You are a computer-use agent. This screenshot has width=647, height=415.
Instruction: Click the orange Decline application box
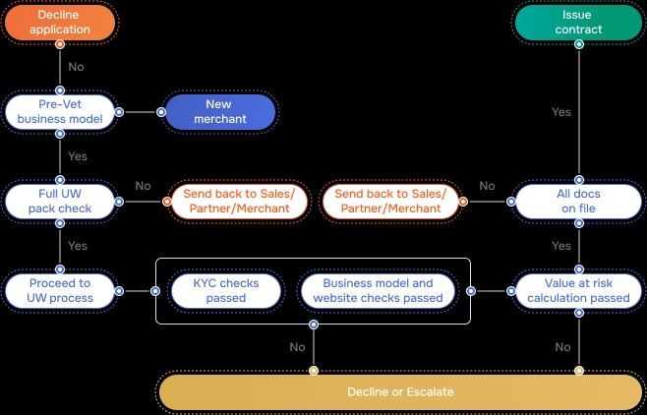pyautogui.click(x=60, y=23)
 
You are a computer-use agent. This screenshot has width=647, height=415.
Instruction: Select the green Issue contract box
pyautogui.click(x=577, y=23)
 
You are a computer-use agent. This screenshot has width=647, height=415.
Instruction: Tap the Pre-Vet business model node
pyautogui.click(x=60, y=112)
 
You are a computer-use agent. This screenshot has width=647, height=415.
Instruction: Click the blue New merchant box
pyautogui.click(x=218, y=112)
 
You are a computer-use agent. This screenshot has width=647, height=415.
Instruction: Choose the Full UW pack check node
pyautogui.click(x=60, y=201)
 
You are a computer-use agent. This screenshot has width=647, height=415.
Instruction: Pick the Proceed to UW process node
pyautogui.click(x=60, y=290)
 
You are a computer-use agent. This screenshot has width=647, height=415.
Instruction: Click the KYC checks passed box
pyautogui.click(x=226, y=290)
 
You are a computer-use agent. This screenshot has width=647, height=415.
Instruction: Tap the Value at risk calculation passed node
pyautogui.click(x=577, y=290)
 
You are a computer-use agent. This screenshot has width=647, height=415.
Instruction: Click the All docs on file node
pyautogui.click(x=577, y=201)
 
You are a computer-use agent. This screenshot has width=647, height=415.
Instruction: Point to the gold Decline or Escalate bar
pyautogui.click(x=400, y=391)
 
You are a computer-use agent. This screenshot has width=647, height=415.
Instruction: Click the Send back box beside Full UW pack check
pyautogui.click(x=236, y=201)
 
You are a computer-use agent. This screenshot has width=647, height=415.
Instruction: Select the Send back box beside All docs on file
pyautogui.click(x=389, y=201)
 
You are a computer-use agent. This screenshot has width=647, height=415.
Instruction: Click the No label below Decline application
pyautogui.click(x=77, y=68)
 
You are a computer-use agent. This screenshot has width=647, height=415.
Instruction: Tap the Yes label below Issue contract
pyautogui.click(x=561, y=112)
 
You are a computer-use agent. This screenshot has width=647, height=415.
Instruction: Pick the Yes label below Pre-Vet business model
pyautogui.click(x=78, y=156)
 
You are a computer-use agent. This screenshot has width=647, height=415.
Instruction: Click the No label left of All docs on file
pyautogui.click(x=487, y=186)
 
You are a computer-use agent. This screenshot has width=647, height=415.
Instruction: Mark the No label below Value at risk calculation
pyautogui.click(x=562, y=346)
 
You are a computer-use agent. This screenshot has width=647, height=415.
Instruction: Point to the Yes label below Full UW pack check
pyautogui.click(x=78, y=246)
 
